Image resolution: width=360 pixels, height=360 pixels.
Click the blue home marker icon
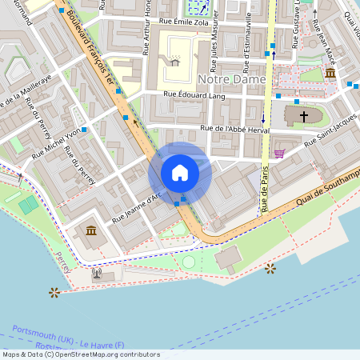180,172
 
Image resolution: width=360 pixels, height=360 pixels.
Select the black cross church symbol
303,117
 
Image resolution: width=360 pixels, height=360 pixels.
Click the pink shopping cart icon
278,154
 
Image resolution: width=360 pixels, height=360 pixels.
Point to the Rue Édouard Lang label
194,96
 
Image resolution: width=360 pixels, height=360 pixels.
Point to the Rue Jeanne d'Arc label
137,206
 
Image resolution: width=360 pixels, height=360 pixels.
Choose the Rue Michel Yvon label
57,144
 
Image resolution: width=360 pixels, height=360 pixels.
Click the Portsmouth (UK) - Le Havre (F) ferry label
70,339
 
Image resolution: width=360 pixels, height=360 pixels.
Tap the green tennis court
29,205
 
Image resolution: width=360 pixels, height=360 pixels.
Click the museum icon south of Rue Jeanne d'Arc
90,231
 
